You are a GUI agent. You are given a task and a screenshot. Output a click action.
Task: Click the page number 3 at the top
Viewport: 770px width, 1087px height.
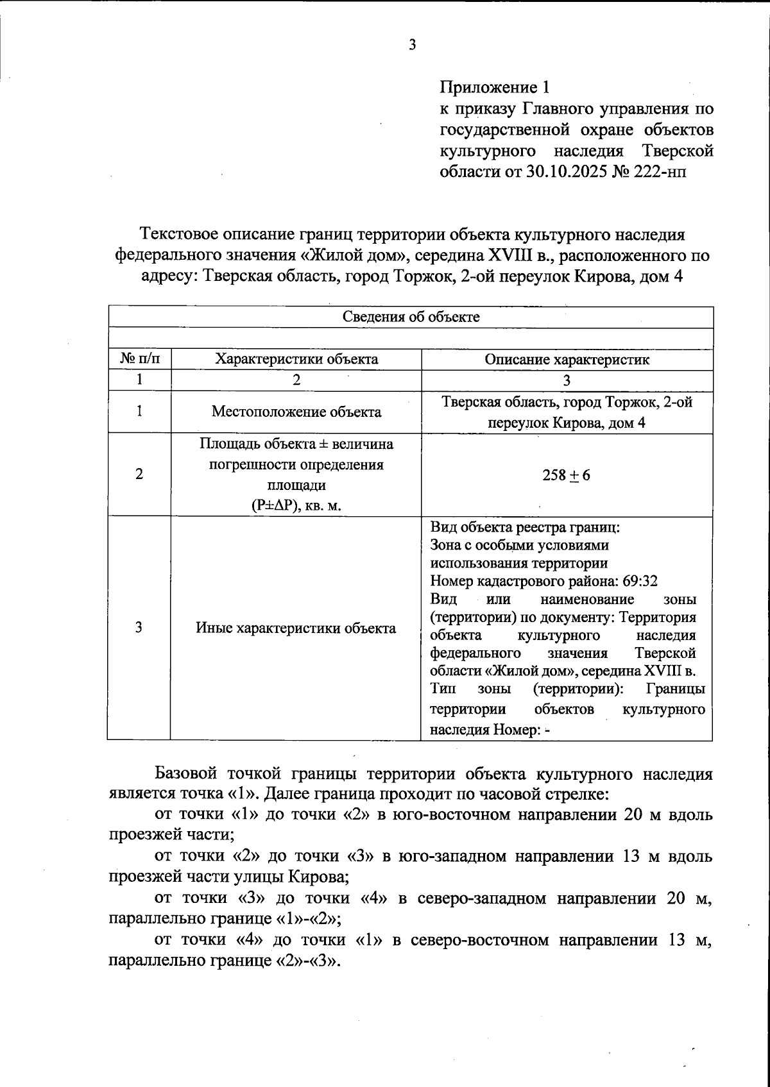(412, 44)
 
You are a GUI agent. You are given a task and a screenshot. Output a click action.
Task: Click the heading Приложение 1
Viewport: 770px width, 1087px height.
(495, 87)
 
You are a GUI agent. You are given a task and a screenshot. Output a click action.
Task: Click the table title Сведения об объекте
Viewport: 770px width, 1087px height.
(411, 317)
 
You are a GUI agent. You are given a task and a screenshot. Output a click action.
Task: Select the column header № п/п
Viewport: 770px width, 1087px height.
(139, 359)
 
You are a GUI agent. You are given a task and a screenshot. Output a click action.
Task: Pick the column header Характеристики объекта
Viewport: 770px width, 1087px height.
(296, 359)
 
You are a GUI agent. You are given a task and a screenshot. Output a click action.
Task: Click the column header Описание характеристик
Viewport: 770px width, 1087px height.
(567, 359)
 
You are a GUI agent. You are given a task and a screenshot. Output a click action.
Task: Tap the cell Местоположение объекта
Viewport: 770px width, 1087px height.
(296, 412)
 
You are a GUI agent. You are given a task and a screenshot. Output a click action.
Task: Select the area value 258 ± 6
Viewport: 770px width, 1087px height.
(567, 475)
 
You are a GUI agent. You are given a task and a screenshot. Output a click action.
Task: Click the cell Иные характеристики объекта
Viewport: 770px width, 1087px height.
(296, 628)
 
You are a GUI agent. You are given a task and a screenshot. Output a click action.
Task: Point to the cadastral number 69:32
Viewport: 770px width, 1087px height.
(640, 582)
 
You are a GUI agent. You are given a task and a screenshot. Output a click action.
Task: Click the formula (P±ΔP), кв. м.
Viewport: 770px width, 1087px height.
(296, 505)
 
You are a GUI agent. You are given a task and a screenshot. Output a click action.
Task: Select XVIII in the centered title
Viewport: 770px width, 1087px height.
(510, 255)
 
